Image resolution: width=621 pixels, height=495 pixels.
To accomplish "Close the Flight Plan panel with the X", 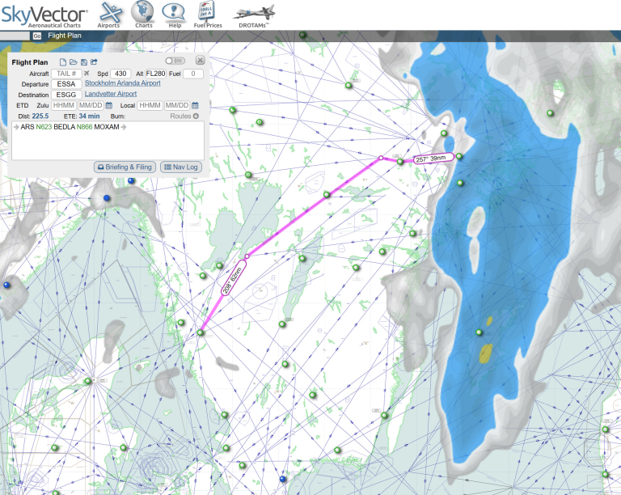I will [x=200, y=60].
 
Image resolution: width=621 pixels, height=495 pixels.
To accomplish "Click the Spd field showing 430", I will [x=120, y=74].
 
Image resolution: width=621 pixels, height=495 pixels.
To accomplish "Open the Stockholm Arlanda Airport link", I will [x=122, y=83].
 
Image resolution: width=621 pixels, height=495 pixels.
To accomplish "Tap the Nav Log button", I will [x=180, y=167].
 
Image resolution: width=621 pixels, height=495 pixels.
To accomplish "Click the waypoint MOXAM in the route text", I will [x=107, y=127].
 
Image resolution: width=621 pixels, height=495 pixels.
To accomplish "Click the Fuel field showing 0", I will [x=192, y=74].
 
